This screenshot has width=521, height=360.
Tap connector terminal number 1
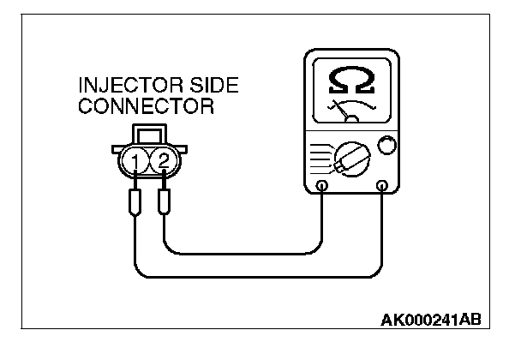(136, 159)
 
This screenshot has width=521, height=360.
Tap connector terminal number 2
(164, 159)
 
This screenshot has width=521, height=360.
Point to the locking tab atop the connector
(150, 135)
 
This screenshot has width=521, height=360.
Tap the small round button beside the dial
(386, 146)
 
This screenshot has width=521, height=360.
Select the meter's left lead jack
(321, 186)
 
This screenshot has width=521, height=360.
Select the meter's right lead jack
(382, 186)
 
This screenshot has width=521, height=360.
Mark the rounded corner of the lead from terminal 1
(140, 272)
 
